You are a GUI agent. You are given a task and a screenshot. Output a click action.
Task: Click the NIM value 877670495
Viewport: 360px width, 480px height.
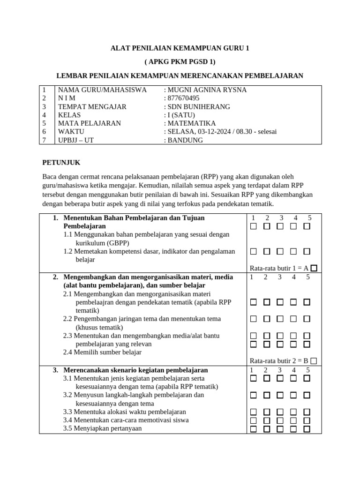point(183,98)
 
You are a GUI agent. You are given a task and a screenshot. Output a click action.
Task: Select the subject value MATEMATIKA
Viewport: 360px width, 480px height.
point(192,123)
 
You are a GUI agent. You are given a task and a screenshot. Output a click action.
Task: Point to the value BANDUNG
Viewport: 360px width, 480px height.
point(185,140)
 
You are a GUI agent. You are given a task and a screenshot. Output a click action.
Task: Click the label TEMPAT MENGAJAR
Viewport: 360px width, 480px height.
point(92,107)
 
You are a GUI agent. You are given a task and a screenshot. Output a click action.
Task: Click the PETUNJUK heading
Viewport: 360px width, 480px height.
point(61,163)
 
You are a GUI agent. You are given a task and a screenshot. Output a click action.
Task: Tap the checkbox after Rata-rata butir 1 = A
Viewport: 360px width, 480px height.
point(314,268)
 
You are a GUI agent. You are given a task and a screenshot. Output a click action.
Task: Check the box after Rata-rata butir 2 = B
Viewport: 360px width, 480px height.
point(314,360)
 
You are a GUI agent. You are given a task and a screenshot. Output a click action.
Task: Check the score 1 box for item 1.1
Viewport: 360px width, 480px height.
point(254,226)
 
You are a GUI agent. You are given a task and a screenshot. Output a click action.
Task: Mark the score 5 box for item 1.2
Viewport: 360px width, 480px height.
point(307,252)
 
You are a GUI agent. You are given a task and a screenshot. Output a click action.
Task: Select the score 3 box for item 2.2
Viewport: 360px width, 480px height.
point(280,319)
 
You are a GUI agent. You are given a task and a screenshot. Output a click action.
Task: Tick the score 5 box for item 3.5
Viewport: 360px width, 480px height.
point(307,428)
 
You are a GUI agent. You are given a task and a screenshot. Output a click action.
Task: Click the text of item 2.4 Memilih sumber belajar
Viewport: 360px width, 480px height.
point(102,352)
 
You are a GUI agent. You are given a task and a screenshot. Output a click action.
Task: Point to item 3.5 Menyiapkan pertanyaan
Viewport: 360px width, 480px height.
point(103,428)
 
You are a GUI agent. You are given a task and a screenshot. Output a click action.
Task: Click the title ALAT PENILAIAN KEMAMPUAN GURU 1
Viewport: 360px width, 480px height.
point(180,48)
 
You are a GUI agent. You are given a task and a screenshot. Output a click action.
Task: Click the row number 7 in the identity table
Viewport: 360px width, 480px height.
point(44,140)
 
